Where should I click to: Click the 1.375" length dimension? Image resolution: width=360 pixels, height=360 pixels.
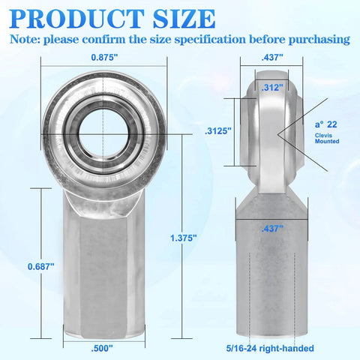coord(183,237)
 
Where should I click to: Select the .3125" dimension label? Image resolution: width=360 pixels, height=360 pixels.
coord(218,130)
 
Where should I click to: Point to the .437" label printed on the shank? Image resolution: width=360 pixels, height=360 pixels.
coord(272,229)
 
